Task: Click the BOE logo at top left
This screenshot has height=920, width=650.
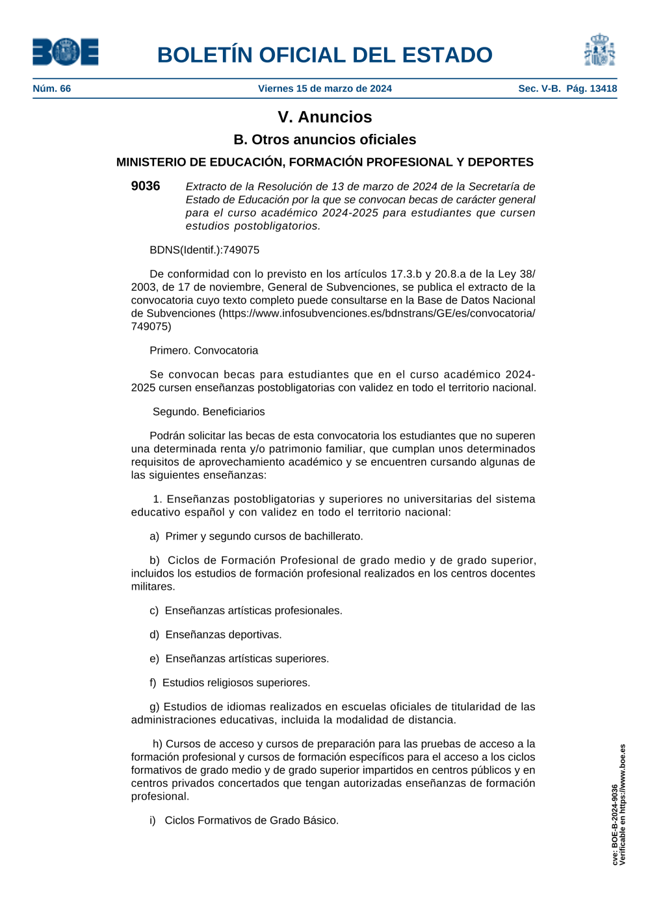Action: click(x=66, y=52)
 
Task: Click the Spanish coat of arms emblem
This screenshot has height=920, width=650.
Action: click(x=599, y=51)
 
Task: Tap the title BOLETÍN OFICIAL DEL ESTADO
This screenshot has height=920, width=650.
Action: click(x=324, y=55)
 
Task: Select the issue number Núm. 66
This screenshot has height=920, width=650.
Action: click(x=52, y=88)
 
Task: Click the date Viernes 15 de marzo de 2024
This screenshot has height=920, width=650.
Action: click(x=324, y=88)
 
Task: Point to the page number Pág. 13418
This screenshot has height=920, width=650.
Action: click(x=591, y=88)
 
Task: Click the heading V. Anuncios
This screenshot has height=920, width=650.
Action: click(x=324, y=117)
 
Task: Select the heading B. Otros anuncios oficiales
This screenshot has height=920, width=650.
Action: click(x=324, y=140)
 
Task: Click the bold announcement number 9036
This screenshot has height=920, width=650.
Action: click(x=146, y=186)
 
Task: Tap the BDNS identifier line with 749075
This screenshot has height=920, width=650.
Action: click(x=204, y=250)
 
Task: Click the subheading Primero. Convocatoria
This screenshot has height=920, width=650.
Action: click(x=203, y=350)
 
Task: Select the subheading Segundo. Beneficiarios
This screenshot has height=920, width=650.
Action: click(x=209, y=412)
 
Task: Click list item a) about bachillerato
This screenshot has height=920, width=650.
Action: click(x=256, y=536)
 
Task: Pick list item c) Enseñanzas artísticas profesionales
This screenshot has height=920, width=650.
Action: click(x=246, y=611)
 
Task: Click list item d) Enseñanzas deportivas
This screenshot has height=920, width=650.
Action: click(x=216, y=635)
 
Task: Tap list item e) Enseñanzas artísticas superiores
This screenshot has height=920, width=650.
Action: click(x=239, y=659)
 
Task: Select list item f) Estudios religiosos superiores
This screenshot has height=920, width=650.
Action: click(x=229, y=683)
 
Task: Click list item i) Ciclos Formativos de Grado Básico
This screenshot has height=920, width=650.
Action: click(x=244, y=821)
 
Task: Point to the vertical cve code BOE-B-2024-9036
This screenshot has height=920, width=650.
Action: click(x=615, y=824)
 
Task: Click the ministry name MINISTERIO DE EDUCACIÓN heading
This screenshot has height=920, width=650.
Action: click(x=324, y=163)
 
